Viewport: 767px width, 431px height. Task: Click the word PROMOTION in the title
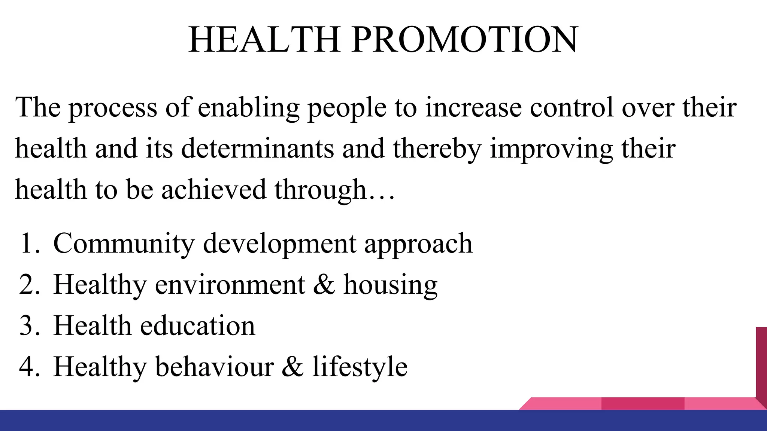point(465,40)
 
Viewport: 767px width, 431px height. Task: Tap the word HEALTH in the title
point(264,40)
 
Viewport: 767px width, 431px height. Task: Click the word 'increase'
point(473,108)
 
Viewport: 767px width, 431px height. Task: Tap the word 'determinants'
point(258,149)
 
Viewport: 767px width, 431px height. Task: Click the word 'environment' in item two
point(230,285)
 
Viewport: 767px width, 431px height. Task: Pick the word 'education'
point(198,326)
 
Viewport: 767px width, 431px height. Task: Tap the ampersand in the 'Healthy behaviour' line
point(292,367)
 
